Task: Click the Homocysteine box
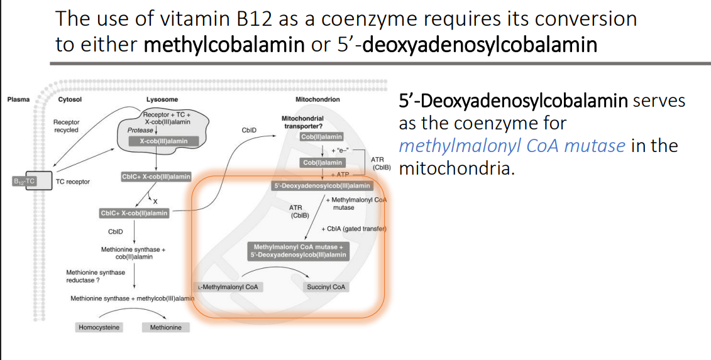pyautogui.click(x=99, y=327)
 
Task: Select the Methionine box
pyautogui.click(x=166, y=327)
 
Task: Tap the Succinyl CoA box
pyautogui.click(x=326, y=287)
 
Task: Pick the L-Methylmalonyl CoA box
pyautogui.click(x=229, y=287)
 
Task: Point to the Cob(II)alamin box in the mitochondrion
pyautogui.click(x=322, y=137)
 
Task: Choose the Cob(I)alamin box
pyautogui.click(x=322, y=163)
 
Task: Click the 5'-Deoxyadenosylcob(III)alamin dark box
pyautogui.click(x=321, y=186)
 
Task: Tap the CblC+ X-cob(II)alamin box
pyautogui.click(x=134, y=213)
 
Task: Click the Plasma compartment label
pyautogui.click(x=18, y=99)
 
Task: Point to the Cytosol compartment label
pyautogui.click(x=70, y=99)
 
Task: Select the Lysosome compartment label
pyautogui.click(x=162, y=99)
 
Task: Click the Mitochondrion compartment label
pyautogui.click(x=317, y=99)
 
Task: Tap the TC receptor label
pyautogui.click(x=73, y=182)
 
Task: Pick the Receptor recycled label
pyautogui.click(x=66, y=126)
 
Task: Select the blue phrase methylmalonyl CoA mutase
pyautogui.click(x=512, y=146)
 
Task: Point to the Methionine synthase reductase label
pyautogui.click(x=96, y=276)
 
